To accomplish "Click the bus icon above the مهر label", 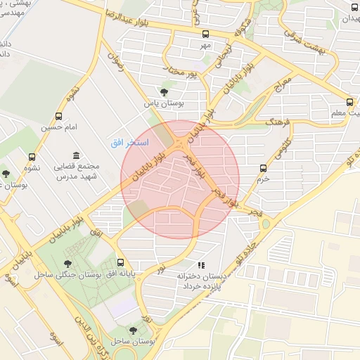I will [x=205, y=34].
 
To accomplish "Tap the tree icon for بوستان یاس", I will [x=164, y=91].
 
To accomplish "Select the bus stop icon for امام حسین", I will [x=58, y=116].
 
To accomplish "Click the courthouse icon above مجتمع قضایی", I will [x=76, y=155].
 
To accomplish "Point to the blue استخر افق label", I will [x=129, y=143].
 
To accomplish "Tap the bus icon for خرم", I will [x=264, y=168].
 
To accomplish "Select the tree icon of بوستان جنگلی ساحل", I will [x=67, y=264].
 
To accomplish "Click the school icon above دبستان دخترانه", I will [x=200, y=266].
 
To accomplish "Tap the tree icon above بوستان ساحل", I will [x=131, y=328].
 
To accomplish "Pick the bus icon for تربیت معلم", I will [x=350, y=103].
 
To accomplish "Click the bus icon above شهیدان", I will [x=354, y=7].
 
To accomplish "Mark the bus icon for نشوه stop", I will [x=32, y=157].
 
